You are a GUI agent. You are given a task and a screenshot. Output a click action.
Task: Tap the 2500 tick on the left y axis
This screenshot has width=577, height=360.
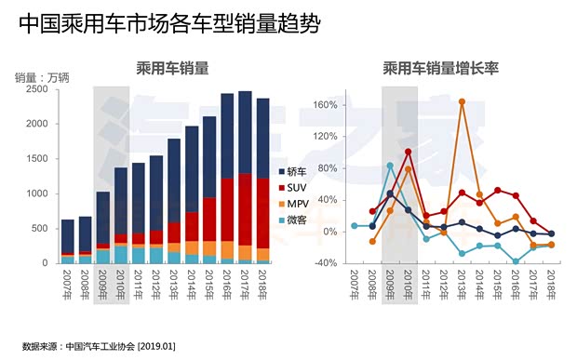point(38,89)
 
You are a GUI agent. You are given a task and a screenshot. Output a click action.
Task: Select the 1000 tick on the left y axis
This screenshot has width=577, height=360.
point(38,193)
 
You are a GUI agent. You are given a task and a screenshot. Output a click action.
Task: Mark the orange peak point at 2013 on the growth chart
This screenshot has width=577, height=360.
point(462,100)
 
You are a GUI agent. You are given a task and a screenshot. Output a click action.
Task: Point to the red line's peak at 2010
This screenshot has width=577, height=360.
point(408,152)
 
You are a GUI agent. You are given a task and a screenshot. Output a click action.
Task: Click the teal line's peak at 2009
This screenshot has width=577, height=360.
point(390,166)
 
